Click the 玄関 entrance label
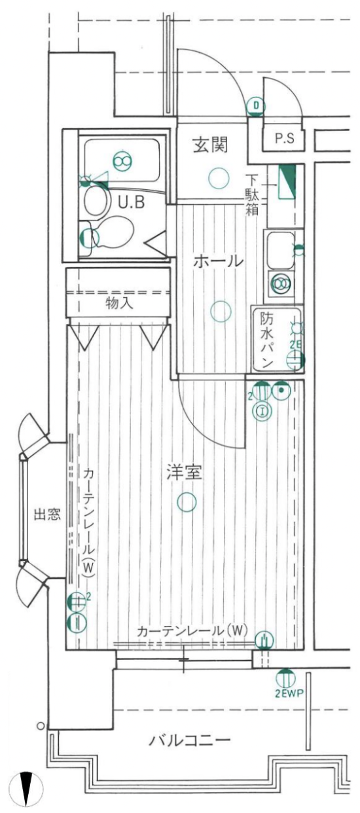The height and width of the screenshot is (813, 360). pos(211,145)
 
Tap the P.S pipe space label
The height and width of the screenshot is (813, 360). pos(285,138)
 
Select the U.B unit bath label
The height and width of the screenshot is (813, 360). pos(132,202)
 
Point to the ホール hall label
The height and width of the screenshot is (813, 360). pos(218,261)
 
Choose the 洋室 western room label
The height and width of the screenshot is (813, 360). pos(184,472)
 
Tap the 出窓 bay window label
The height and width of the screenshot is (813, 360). pos(47,514)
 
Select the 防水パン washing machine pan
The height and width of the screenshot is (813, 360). pos(278,340)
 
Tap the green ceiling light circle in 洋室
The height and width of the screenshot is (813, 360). pos(187,502)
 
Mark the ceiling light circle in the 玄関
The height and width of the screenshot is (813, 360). pos(219,178)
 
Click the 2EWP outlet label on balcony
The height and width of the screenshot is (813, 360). pos(289,694)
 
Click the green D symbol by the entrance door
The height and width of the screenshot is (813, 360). pos(256,106)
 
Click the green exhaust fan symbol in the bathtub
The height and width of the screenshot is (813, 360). pos(122,160)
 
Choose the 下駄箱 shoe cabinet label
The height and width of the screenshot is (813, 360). pos(252,195)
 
